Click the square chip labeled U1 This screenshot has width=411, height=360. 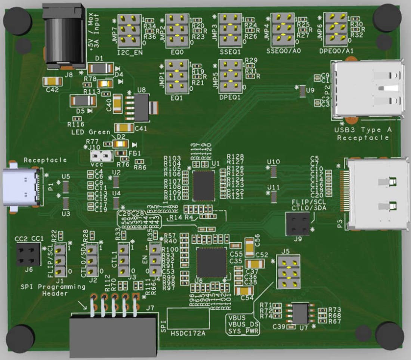point(204,185)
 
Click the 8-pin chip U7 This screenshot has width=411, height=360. point(300,313)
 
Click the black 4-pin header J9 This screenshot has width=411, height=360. point(298,224)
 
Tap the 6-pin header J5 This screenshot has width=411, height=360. point(288,272)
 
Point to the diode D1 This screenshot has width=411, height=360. point(101,68)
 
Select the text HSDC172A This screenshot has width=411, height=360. point(188,332)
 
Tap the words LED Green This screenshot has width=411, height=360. point(90,132)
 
